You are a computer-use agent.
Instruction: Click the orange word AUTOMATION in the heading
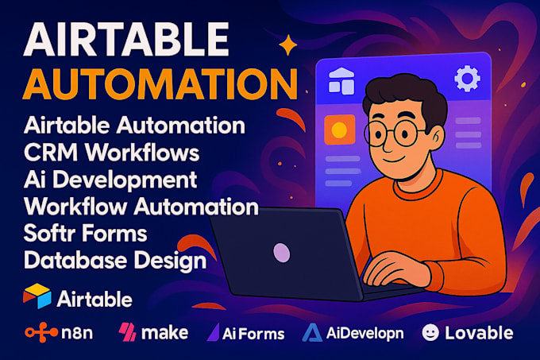click(x=152, y=84)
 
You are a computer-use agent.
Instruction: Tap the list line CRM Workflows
click(x=112, y=150)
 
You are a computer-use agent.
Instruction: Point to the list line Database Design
click(x=116, y=259)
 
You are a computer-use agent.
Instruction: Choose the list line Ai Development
click(x=110, y=177)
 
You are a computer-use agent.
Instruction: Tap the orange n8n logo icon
click(x=39, y=333)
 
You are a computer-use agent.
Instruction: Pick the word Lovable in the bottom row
click(x=479, y=332)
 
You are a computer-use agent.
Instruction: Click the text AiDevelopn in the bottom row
click(x=371, y=333)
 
